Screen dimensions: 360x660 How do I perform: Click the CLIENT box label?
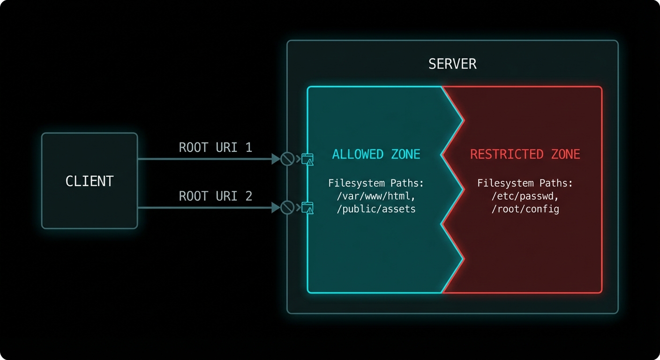click(90, 181)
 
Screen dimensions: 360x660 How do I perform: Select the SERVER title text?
click(452, 64)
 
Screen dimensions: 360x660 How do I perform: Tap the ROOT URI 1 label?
click(215, 148)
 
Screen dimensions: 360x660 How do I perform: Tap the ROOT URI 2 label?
click(215, 196)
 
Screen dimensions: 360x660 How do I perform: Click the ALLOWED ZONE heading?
click(376, 154)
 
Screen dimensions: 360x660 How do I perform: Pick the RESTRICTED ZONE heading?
click(525, 154)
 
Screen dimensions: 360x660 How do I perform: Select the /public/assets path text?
click(376, 209)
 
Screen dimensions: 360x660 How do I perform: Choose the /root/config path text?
click(525, 209)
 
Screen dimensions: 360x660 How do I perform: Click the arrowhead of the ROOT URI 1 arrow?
click(276, 159)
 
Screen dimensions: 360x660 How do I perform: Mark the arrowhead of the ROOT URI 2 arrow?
click(276, 207)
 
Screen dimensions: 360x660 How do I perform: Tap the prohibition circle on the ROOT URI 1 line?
click(287, 159)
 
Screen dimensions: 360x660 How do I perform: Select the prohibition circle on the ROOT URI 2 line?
click(287, 207)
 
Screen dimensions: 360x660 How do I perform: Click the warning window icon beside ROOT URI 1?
click(307, 159)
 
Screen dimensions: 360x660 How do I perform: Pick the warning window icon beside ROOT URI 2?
click(307, 207)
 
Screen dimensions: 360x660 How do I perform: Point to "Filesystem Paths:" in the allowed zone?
click(376, 183)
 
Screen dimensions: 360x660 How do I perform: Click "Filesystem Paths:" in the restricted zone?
click(525, 183)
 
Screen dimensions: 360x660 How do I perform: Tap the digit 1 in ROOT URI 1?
click(248, 148)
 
